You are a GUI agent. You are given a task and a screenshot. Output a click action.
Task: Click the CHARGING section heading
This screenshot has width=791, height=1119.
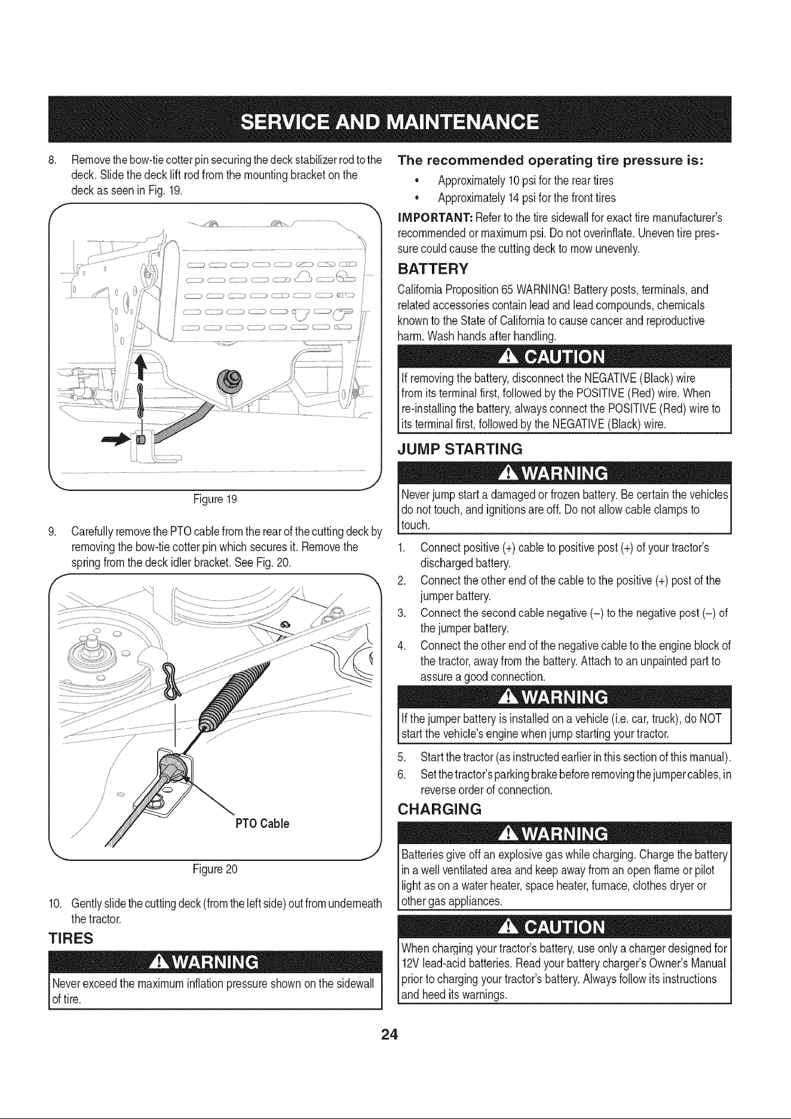tap(439, 809)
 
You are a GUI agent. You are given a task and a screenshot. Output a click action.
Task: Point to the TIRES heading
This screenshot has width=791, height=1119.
tap(70, 938)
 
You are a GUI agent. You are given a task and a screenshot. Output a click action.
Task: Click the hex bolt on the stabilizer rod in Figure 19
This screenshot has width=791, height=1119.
tap(229, 378)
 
